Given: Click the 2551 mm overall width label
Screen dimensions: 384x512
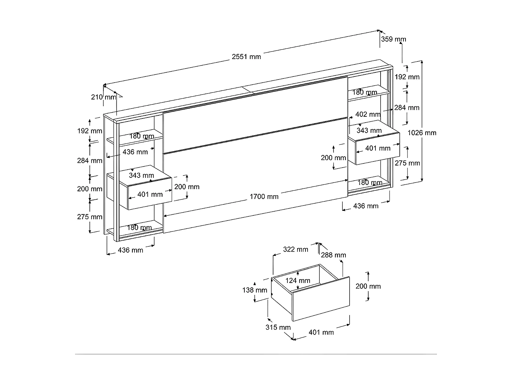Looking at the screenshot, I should coord(246,57).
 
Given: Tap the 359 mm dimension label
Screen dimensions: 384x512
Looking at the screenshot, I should coord(393,39).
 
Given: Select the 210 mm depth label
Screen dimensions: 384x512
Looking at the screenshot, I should coord(103,97).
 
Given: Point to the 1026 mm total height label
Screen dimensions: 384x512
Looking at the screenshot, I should coord(422,133).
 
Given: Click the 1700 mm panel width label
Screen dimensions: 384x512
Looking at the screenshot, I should coord(264,197).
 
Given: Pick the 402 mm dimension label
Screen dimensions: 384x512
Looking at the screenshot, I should coord(368,114).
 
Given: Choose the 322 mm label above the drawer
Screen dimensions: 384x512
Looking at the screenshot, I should coord(296,250).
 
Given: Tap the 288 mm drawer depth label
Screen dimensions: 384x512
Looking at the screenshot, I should coord(333,255).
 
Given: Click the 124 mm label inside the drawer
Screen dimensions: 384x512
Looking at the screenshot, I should coord(298,281).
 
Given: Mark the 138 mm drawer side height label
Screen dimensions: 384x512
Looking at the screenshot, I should coord(255,290).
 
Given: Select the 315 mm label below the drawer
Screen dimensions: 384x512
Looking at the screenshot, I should coord(278,327).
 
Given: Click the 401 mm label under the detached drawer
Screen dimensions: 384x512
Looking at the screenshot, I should coord(321,332).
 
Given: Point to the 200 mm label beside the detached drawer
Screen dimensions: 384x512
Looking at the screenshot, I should coord(368,286).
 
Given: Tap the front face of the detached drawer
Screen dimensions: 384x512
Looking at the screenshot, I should coord(321,299).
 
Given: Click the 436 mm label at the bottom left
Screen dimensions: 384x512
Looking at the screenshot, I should coord(130,250).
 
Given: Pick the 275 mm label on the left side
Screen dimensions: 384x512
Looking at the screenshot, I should coord(89,217).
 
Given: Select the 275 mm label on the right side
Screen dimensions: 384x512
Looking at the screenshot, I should coord(407,163).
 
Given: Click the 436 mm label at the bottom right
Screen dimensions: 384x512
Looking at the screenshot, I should coord(366,206).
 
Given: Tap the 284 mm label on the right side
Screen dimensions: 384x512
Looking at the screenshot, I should coord(407,108).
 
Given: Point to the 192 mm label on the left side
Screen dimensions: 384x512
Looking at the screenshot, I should coord(89,131).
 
